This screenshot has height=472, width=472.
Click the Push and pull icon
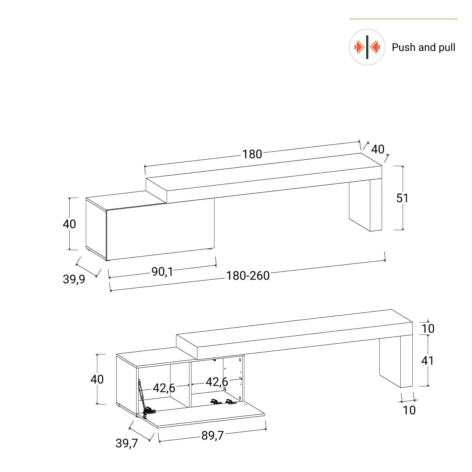367,47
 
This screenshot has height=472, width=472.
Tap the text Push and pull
423,47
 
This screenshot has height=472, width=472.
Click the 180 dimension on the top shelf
252,154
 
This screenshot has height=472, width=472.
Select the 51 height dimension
402,198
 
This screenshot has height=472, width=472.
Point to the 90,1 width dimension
162,272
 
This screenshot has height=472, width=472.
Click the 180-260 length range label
248,276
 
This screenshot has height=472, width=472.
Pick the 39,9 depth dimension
74,279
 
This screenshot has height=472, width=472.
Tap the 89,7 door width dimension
213,435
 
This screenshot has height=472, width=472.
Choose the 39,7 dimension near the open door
127,443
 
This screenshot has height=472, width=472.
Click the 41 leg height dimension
427,360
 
